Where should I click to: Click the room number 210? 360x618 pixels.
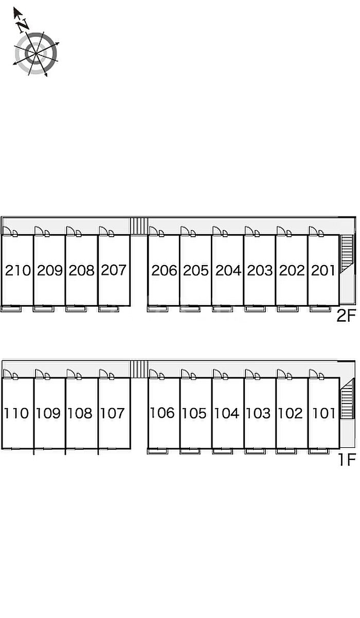click(x=18, y=270)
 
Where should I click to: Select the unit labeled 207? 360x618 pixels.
click(x=114, y=270)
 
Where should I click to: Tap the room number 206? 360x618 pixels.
click(x=164, y=270)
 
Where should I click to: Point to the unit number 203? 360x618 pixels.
click(x=260, y=270)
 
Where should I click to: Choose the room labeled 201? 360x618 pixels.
click(x=323, y=270)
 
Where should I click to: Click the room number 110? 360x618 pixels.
click(x=16, y=413)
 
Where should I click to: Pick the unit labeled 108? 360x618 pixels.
click(x=80, y=413)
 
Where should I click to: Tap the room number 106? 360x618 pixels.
click(x=162, y=413)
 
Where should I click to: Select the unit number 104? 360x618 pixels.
click(x=227, y=413)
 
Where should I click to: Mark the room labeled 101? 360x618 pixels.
click(x=324, y=413)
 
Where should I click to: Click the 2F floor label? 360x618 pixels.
click(x=346, y=316)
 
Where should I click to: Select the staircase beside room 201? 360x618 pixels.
click(x=347, y=254)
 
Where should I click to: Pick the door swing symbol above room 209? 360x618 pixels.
click(x=42, y=232)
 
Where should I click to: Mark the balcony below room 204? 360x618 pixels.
click(x=222, y=309)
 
